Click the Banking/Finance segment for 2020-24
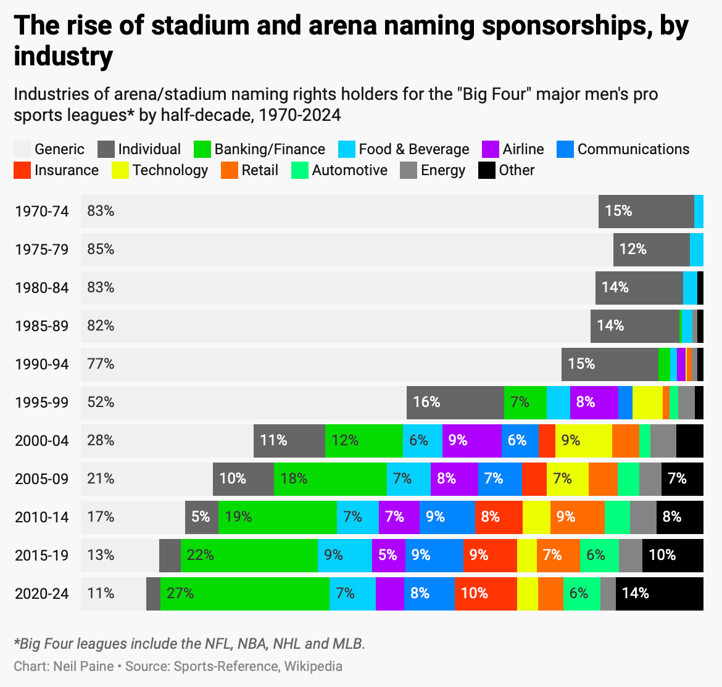click(244, 593)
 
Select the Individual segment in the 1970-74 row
click(646, 212)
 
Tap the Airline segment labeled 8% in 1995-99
click(594, 403)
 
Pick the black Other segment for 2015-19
click(673, 555)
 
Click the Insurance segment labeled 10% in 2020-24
click(486, 593)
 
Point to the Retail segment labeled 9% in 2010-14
click(577, 517)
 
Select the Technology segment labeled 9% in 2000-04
click(583, 440)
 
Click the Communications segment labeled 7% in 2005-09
click(500, 479)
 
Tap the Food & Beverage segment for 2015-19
click(344, 555)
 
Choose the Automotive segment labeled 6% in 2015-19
click(599, 555)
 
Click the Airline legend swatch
click(491, 149)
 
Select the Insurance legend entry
click(56, 170)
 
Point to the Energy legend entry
click(433, 170)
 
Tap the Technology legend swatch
click(120, 170)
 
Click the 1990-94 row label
click(42, 364)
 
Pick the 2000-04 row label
click(42, 441)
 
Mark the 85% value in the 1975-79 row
click(101, 250)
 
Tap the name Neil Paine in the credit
click(83, 667)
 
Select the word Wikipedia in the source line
click(313, 667)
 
